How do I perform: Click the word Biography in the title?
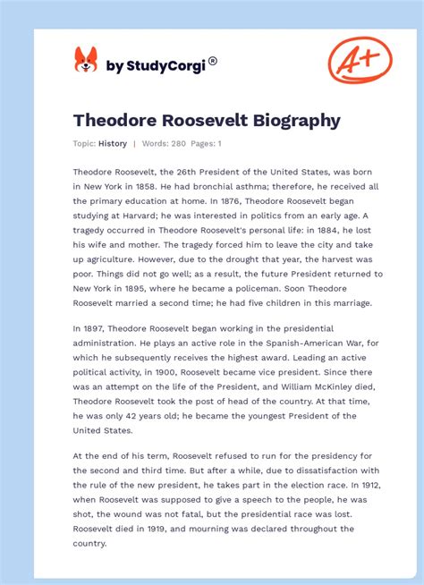tap(293, 120)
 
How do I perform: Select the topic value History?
tap(112, 143)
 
